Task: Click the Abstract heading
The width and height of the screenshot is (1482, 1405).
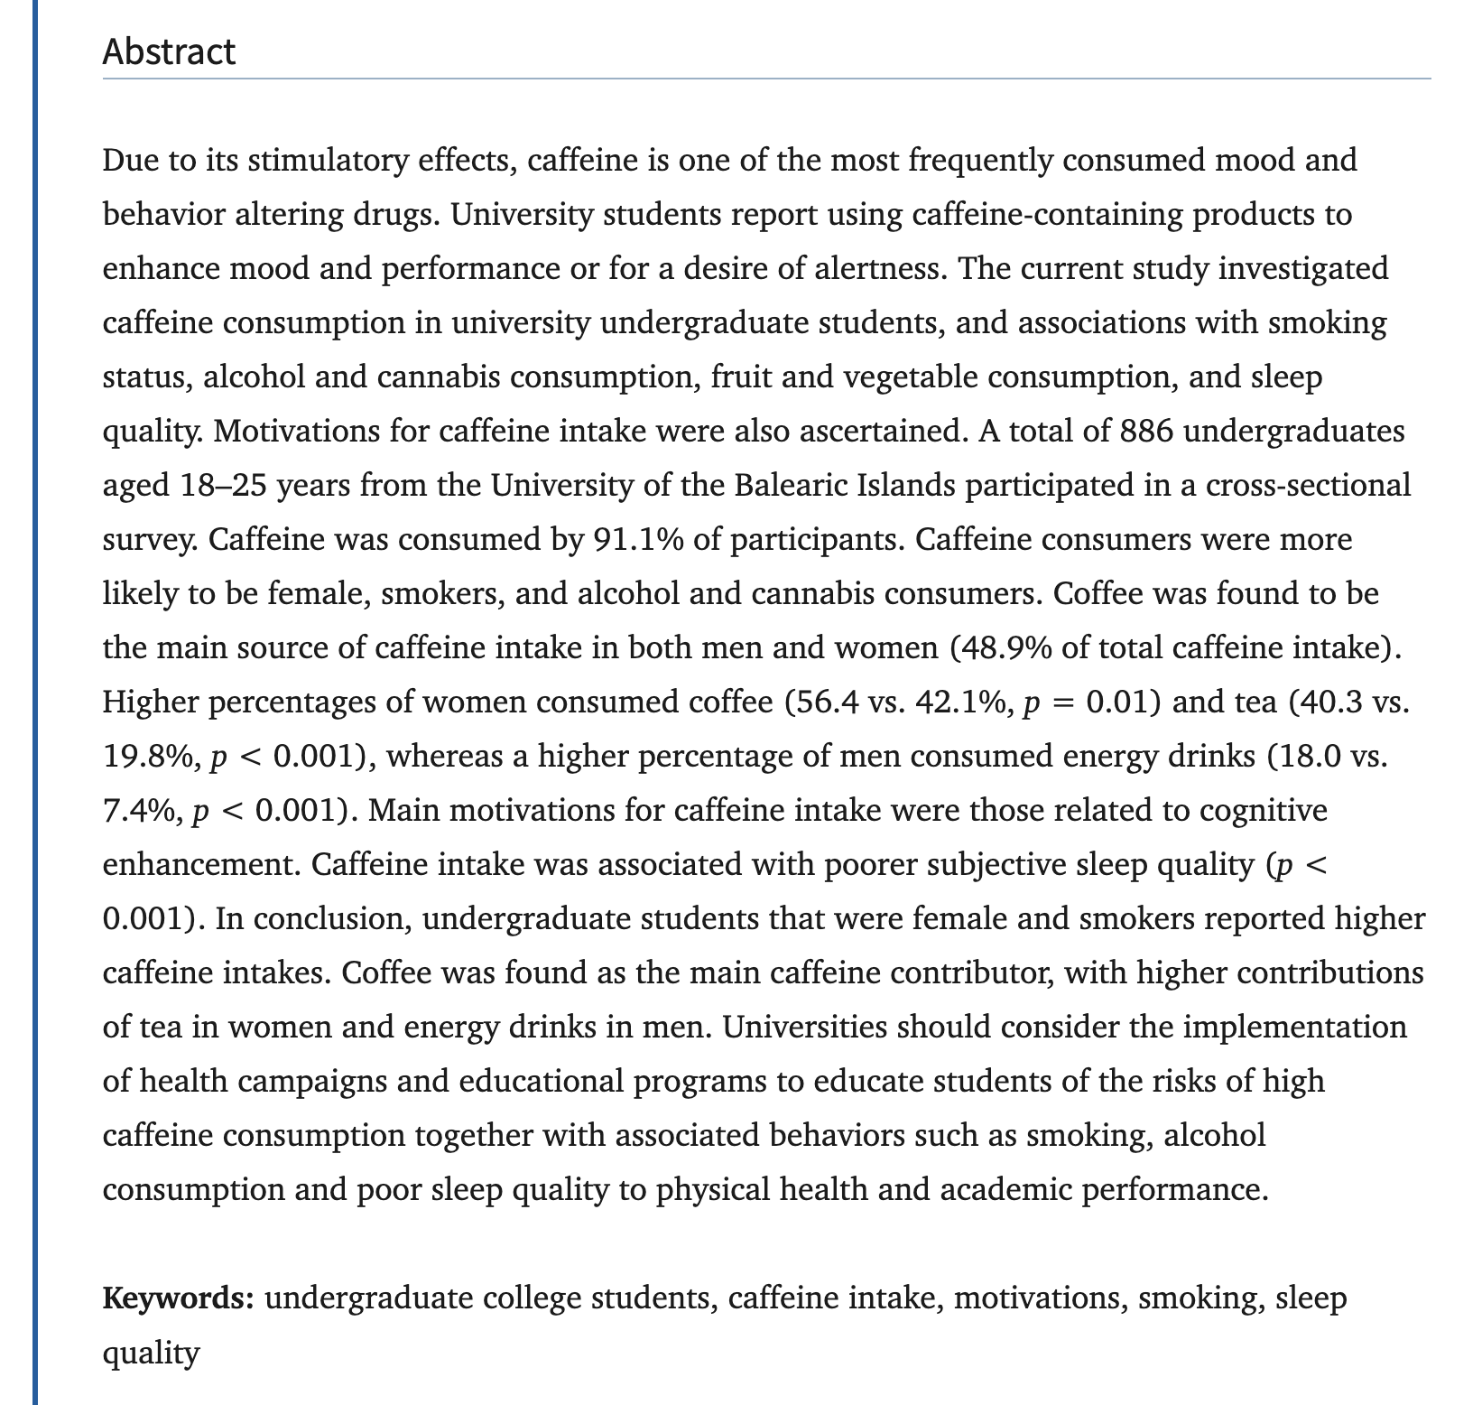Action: point(169,51)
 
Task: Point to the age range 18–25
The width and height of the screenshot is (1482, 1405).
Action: point(218,486)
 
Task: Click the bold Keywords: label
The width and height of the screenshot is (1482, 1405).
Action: point(179,1298)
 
